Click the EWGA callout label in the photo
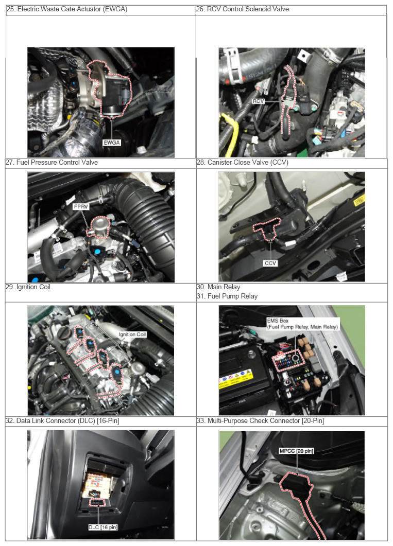click(x=111, y=143)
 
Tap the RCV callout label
click(x=258, y=101)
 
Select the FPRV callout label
click(x=81, y=207)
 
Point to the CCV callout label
click(x=270, y=263)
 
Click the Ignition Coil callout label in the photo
click(x=132, y=334)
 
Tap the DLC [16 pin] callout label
click(x=103, y=527)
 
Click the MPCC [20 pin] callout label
click(x=297, y=451)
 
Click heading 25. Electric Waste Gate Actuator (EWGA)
click(x=67, y=9)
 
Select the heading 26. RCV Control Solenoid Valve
click(x=243, y=9)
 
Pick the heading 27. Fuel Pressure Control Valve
click(x=52, y=162)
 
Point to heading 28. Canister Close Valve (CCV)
click(x=243, y=162)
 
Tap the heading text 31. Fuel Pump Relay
click(x=227, y=296)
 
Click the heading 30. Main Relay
click(x=218, y=287)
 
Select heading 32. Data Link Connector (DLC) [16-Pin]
click(x=63, y=420)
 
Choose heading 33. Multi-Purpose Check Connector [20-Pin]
click(x=260, y=420)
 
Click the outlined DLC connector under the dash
click(x=98, y=503)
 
